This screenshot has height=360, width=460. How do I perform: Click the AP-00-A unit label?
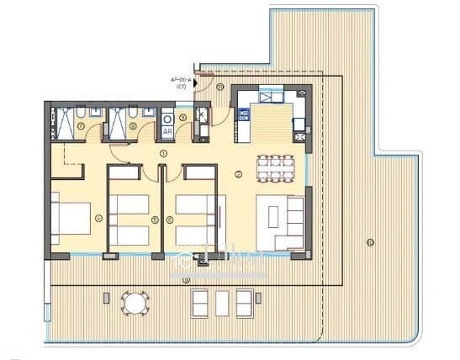pos(182,81)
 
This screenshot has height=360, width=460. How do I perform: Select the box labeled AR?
pos(167,132)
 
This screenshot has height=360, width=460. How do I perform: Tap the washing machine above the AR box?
pos(167,119)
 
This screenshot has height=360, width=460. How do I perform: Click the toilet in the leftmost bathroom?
pos(78,114)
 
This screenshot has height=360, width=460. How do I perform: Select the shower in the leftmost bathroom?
pos(61,124)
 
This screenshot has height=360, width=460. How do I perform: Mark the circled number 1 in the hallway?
pos(163,153)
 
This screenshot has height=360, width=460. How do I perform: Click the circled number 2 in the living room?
pos(239,175)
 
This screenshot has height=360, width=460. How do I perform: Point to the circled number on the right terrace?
pos(369,242)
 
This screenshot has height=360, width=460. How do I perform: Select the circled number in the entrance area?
pos(219,87)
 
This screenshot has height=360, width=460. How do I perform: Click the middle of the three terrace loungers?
pos(222,301)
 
